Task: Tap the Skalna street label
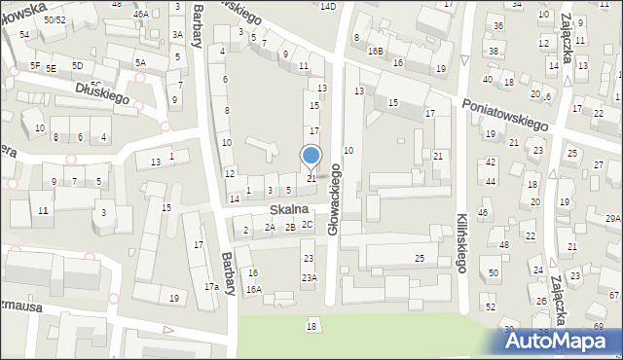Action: point(290,209)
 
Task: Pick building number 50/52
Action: point(55,19)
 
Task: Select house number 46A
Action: point(141,15)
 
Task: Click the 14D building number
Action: point(328,7)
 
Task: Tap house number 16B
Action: point(376,51)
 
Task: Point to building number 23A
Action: point(309,277)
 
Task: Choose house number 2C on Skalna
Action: point(307,225)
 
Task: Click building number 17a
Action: point(210,286)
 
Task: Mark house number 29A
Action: point(612,219)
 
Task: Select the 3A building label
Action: point(177,34)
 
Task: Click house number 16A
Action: point(253,289)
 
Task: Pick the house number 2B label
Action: point(290,228)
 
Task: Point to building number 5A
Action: point(140,62)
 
